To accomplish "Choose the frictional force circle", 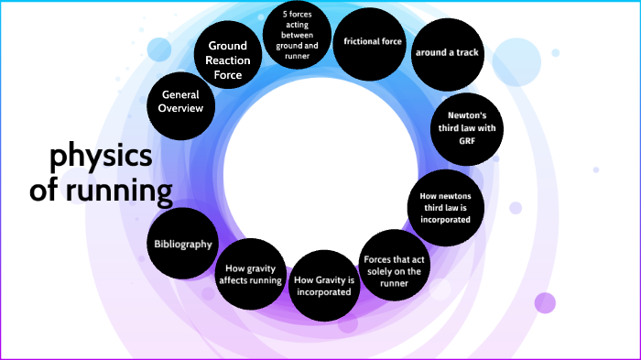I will [368, 42].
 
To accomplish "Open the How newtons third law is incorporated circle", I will [445, 208].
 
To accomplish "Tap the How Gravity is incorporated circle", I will [324, 285].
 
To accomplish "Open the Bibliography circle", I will [183, 245].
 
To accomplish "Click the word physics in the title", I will [101, 158].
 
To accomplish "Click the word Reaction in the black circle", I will [229, 60].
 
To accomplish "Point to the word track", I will [460, 53].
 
